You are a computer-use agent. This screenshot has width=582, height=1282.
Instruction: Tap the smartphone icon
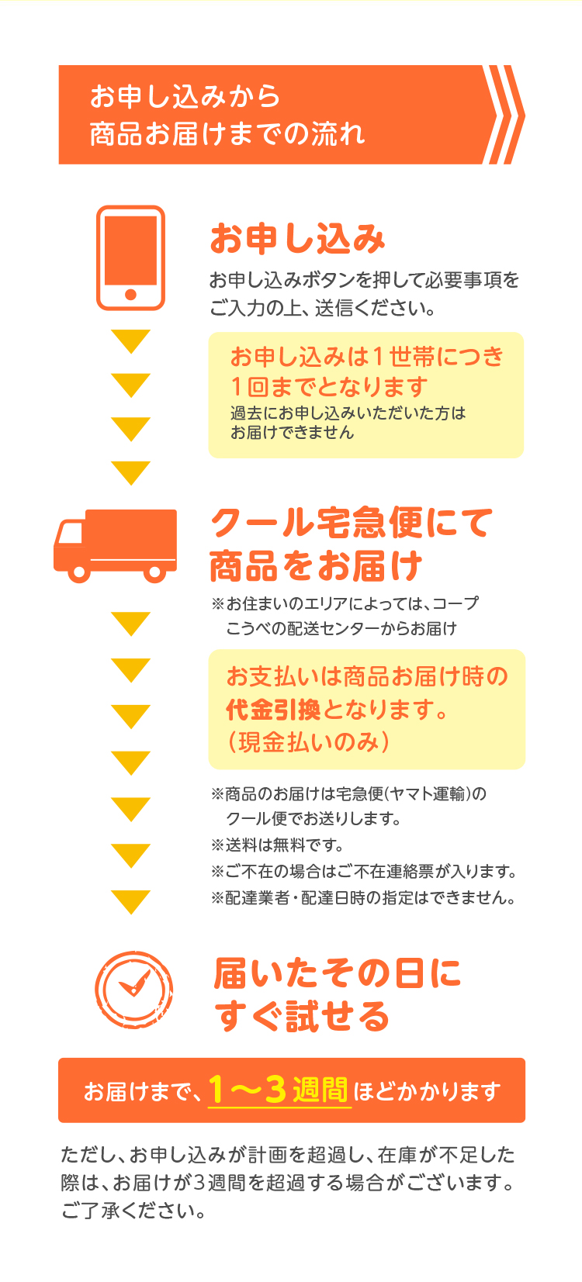click(130, 257)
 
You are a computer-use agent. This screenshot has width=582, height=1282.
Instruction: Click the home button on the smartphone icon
click(130, 295)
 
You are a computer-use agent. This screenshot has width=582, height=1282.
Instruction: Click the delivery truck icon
click(115, 546)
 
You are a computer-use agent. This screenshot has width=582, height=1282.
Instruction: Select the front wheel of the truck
click(79, 572)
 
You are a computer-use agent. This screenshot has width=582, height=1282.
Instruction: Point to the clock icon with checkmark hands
click(133, 990)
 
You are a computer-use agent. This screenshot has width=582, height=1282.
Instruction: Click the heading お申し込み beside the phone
click(297, 239)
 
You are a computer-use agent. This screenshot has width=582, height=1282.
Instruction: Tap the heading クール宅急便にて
click(352, 523)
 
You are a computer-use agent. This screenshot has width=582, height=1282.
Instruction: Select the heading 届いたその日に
click(338, 973)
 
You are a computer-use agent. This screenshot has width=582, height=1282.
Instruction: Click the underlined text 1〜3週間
click(279, 1089)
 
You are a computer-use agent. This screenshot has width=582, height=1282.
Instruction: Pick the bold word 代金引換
click(273, 710)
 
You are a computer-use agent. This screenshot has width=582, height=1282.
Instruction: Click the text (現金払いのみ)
click(308, 741)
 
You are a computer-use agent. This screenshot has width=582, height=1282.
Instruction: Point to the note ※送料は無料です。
click(277, 845)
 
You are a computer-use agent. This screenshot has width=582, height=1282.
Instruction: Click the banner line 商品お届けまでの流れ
click(227, 134)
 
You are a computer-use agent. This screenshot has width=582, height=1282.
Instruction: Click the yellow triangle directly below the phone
click(130, 341)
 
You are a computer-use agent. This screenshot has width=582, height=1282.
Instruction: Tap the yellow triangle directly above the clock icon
click(130, 902)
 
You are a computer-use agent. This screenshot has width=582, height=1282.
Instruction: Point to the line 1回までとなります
click(329, 387)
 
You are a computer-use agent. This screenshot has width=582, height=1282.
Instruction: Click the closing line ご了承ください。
click(133, 1211)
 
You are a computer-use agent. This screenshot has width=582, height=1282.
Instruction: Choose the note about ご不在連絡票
click(364, 872)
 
